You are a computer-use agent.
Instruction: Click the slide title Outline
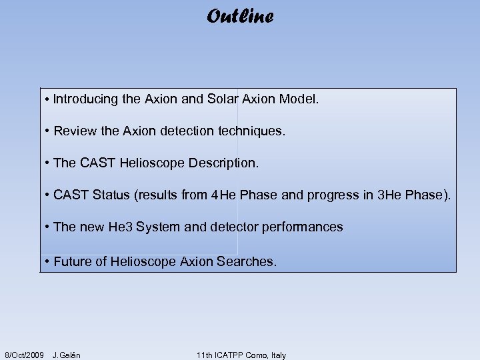click(239, 16)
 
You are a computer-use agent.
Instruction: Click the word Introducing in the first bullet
click(86, 99)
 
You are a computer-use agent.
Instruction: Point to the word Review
click(74, 131)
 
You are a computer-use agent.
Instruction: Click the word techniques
click(251, 131)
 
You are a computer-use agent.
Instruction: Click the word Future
click(72, 262)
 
